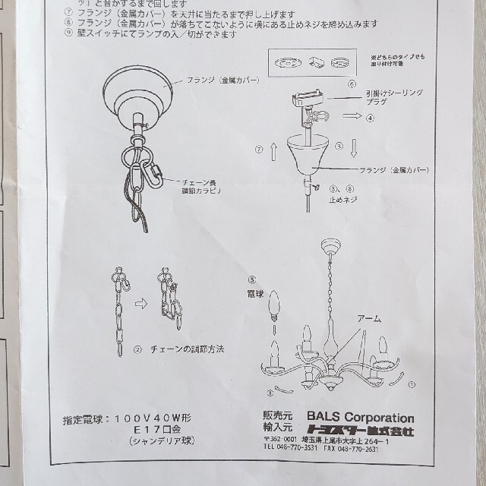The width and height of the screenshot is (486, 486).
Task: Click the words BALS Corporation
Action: (361, 418)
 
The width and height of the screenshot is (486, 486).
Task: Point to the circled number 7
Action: (258, 149)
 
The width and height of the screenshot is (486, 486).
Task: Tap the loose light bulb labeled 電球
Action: (276, 304)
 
